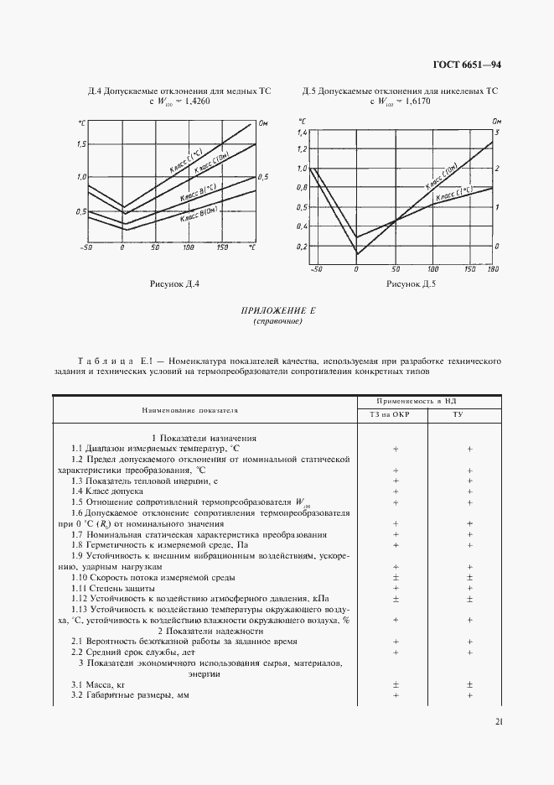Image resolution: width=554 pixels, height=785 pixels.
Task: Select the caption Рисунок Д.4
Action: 174,284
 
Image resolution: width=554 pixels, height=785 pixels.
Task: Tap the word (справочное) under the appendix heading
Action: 277,321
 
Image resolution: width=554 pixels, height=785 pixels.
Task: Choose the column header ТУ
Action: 469,413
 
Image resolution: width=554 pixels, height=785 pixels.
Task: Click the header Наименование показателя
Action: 201,411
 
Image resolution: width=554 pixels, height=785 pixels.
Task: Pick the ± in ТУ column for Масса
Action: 469,685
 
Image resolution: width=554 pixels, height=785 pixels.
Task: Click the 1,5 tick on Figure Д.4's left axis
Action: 80,144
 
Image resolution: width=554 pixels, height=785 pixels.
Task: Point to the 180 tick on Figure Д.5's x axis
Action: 492,269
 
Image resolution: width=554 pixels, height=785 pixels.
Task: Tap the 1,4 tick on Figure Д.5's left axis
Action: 303,133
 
